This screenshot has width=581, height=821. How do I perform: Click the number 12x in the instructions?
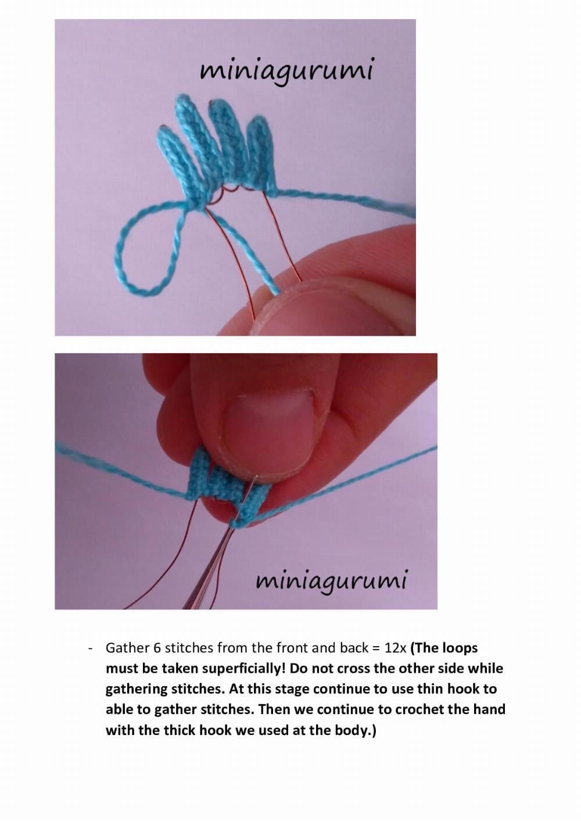tap(395, 648)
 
